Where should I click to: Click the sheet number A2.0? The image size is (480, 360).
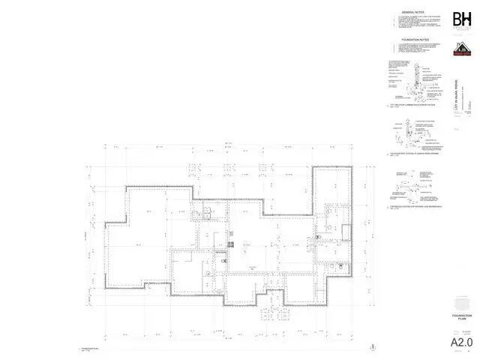pos(462,343)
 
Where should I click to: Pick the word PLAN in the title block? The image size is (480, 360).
pos(462,320)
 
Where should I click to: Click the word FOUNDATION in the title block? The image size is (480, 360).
pos(462,316)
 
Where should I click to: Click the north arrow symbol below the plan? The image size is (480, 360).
pos(373,346)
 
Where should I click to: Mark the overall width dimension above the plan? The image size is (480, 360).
pos(226,145)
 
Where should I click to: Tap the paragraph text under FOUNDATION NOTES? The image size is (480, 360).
pos(417,49)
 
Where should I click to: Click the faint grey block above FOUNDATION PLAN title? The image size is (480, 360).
pos(462,302)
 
